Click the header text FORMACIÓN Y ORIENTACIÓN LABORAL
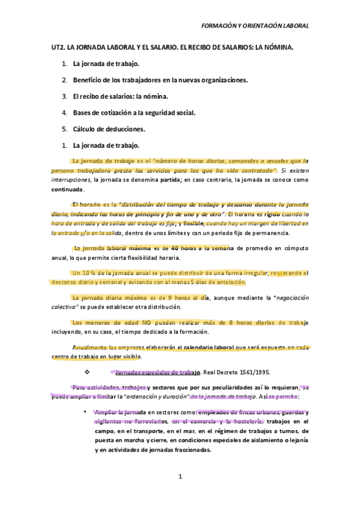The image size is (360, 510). [255, 26]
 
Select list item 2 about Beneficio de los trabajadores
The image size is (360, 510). [160, 79]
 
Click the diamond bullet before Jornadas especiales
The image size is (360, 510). [87, 371]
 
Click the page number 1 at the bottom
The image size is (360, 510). [180, 477]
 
